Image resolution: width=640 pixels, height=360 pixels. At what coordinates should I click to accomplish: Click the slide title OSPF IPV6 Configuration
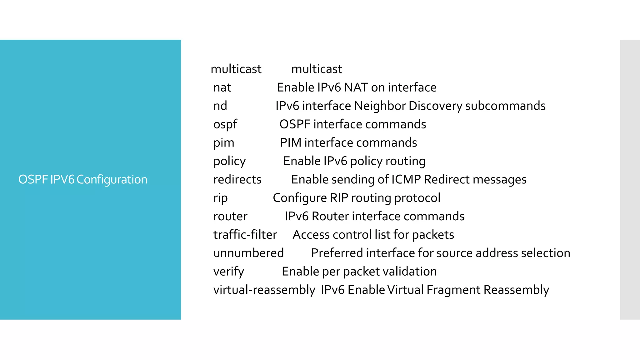pyautogui.click(x=83, y=179)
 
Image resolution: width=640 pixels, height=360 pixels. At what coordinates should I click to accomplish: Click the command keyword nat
pyautogui.click(x=222, y=87)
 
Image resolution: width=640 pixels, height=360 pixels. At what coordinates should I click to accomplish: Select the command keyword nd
pyautogui.click(x=220, y=106)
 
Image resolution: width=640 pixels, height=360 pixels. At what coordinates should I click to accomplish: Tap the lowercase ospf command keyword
pyautogui.click(x=225, y=124)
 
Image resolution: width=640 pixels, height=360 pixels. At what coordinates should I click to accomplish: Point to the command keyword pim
pyautogui.click(x=224, y=143)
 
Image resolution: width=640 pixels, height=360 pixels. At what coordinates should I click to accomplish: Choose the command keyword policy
pyautogui.click(x=230, y=161)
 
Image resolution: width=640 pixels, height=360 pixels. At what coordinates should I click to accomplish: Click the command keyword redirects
pyautogui.click(x=237, y=180)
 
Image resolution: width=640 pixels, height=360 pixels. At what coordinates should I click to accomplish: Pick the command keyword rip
pyautogui.click(x=221, y=198)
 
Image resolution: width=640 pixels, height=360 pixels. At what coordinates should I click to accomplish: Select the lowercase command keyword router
pyautogui.click(x=230, y=216)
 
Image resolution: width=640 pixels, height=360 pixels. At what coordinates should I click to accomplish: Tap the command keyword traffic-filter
pyautogui.click(x=245, y=235)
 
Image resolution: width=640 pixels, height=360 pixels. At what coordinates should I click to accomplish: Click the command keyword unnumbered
pyautogui.click(x=249, y=253)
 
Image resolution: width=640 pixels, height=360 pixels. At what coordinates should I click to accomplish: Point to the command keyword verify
pyautogui.click(x=229, y=272)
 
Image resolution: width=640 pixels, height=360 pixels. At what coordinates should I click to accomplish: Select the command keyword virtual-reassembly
pyautogui.click(x=264, y=290)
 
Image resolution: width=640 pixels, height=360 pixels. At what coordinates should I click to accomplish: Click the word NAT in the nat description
pyautogui.click(x=356, y=87)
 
